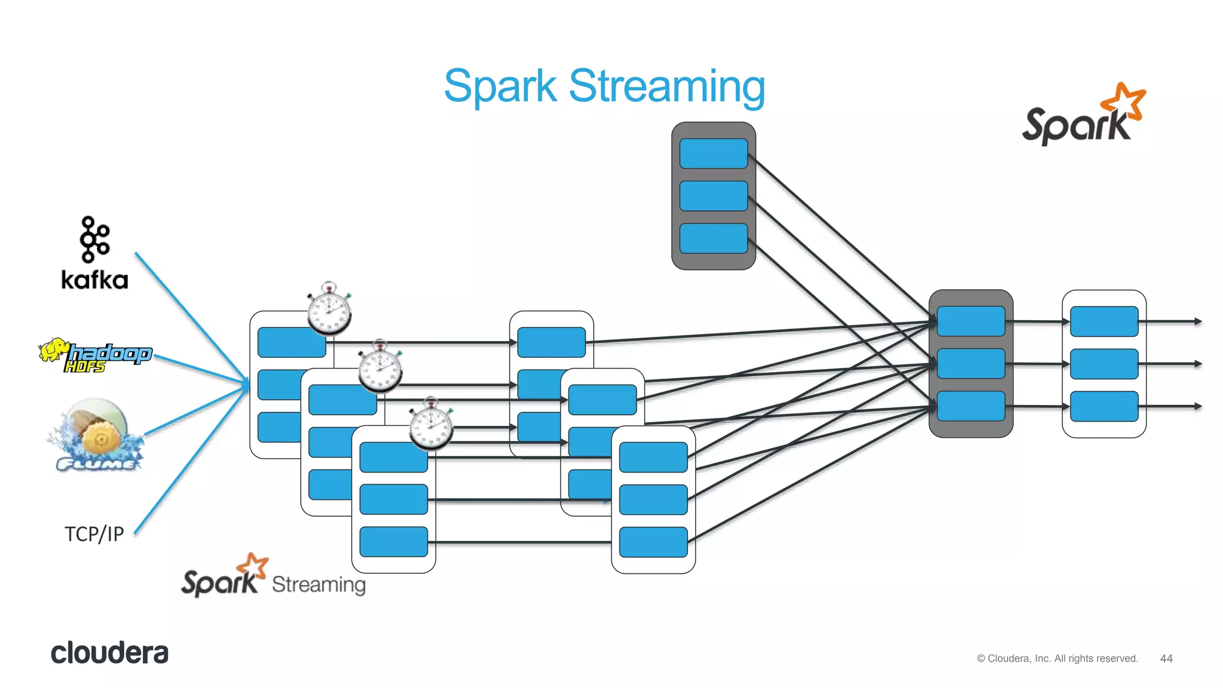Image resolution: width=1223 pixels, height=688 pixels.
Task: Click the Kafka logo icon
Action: tap(94, 239)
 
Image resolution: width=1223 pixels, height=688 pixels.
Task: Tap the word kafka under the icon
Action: tap(94, 280)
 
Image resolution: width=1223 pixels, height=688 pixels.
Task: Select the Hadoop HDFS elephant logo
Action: tap(94, 355)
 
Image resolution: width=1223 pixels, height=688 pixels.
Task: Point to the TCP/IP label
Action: tap(94, 533)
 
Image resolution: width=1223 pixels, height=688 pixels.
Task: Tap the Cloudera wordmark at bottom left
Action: tap(109, 653)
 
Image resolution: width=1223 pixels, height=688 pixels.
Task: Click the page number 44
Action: tap(1166, 658)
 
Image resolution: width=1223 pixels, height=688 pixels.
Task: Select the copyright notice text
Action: tap(1057, 658)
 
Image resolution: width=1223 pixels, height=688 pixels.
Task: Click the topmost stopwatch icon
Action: tap(329, 309)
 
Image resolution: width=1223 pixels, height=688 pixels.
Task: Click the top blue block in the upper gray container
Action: tap(713, 153)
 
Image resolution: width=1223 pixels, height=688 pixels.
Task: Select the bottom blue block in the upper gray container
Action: tap(713, 238)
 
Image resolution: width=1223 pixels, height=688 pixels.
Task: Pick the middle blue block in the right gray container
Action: tap(970, 364)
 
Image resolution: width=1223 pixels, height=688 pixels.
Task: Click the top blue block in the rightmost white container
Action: tap(1104, 321)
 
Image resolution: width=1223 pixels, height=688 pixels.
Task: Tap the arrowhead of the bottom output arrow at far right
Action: tap(1197, 406)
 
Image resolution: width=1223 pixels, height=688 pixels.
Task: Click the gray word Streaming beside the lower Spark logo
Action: tap(318, 584)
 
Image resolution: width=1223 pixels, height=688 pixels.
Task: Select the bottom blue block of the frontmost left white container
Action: tap(394, 542)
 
